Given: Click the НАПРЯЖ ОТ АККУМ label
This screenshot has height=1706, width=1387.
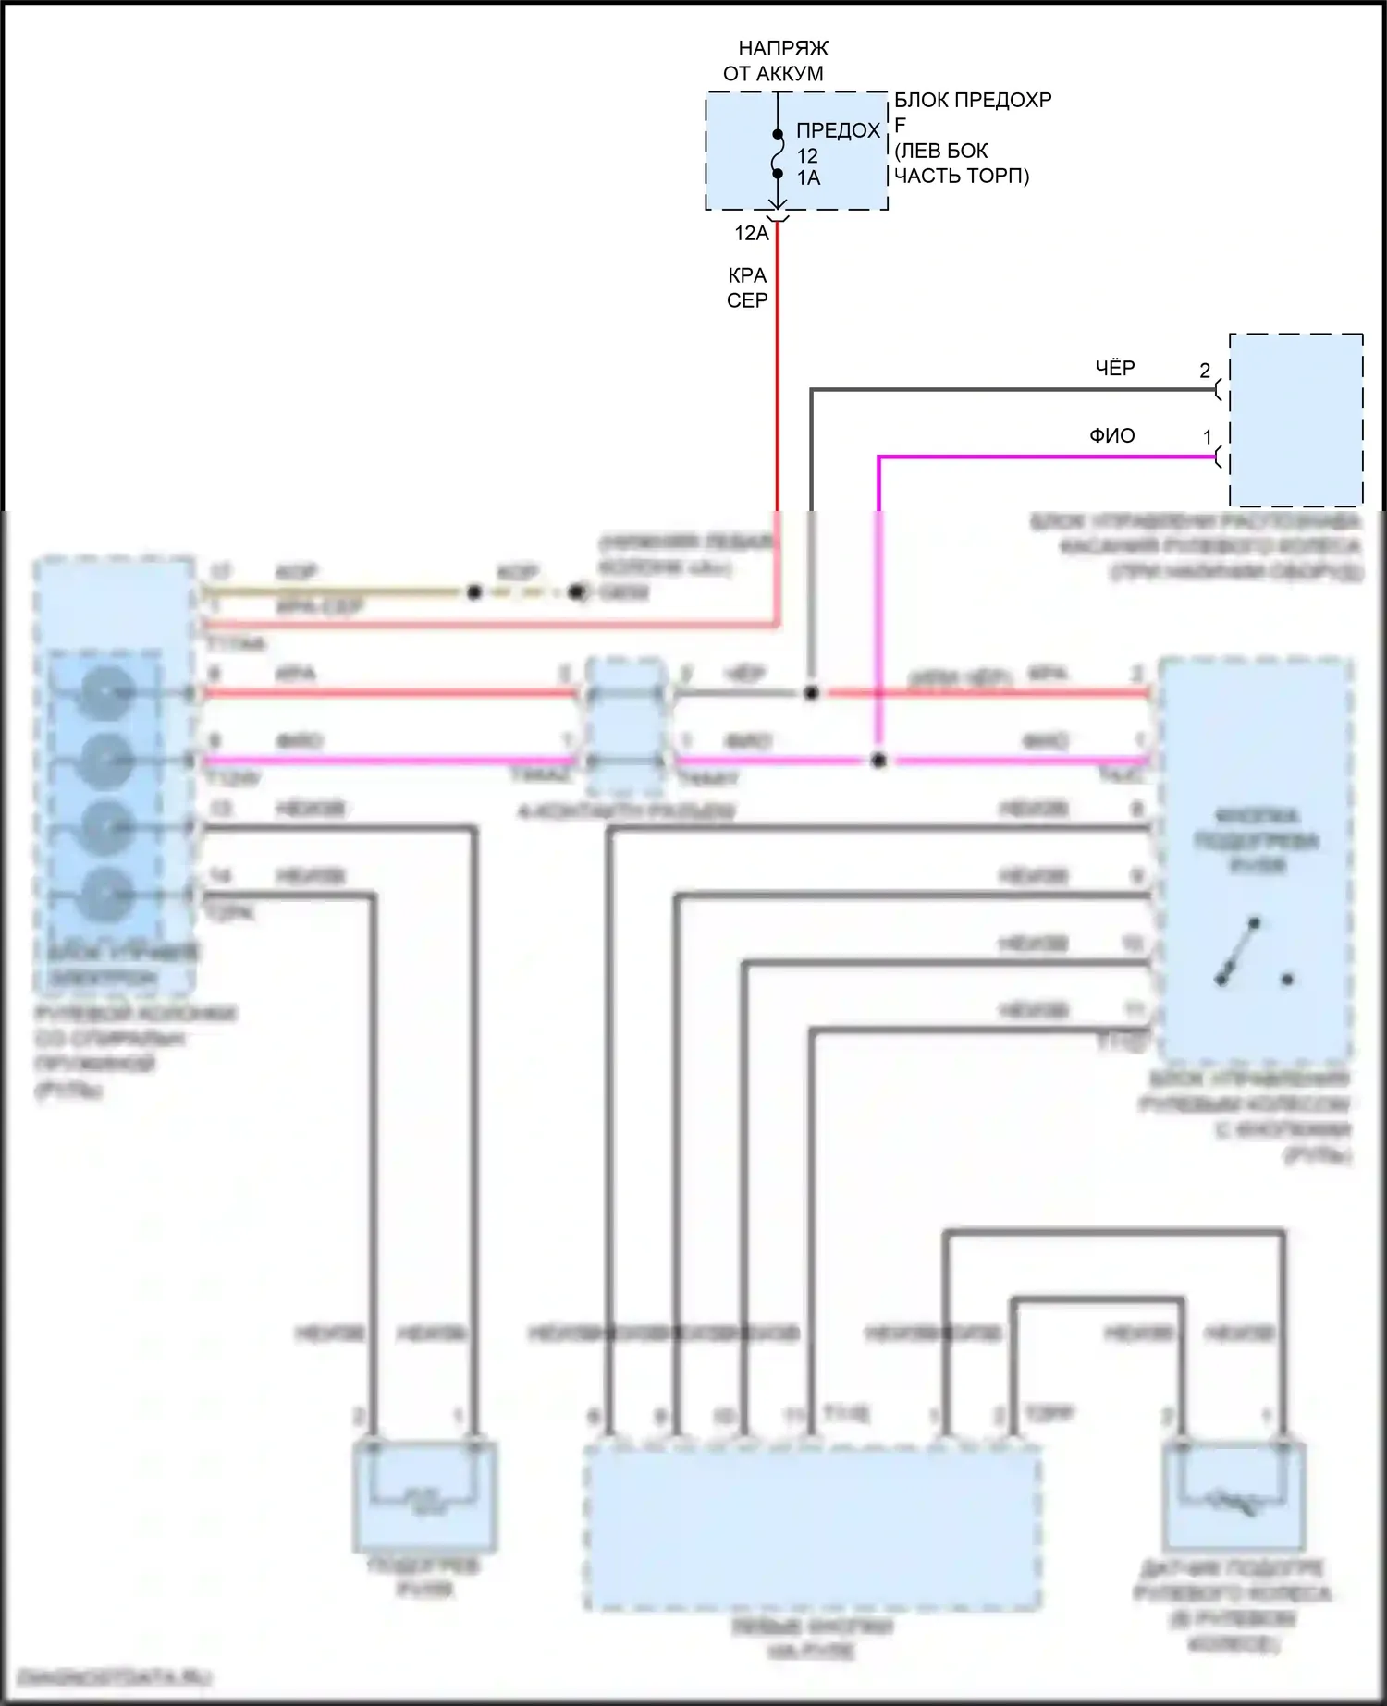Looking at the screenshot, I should pos(778,61).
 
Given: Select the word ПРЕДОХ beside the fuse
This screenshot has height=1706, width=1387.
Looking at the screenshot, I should pos(838,130).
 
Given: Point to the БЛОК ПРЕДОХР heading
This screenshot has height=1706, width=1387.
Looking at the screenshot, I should pos(973,100).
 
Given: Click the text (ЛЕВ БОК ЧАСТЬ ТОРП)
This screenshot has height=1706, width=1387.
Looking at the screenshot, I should pos(962,163).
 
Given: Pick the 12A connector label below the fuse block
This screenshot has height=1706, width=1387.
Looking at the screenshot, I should pos(752,233).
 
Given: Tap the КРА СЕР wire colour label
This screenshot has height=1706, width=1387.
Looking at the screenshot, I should pos(747,287).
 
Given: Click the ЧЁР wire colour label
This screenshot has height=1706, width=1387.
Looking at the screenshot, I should pos(1115,368).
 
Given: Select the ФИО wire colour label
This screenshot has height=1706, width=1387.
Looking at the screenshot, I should pos(1112,435).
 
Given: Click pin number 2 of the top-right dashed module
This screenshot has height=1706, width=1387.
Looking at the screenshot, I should pos(1205,371).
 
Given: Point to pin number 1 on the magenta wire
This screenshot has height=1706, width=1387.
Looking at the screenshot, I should pos(1208,437).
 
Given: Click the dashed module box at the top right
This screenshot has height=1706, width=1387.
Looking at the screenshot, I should pos(1295,420).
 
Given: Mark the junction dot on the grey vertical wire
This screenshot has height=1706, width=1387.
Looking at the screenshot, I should pos(812,692).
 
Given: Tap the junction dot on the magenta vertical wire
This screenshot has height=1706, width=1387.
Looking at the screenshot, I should pos(878,761).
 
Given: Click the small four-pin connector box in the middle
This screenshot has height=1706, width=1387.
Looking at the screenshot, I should pos(627,727).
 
